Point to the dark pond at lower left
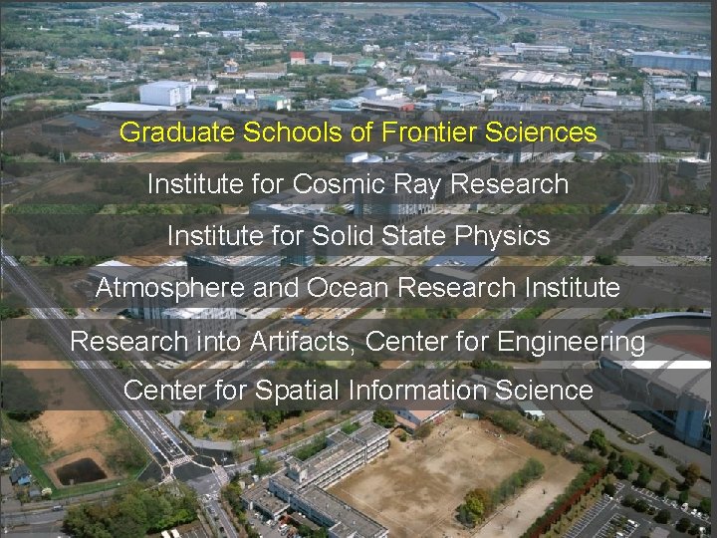click(x=81, y=470)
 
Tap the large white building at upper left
click(x=164, y=93)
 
